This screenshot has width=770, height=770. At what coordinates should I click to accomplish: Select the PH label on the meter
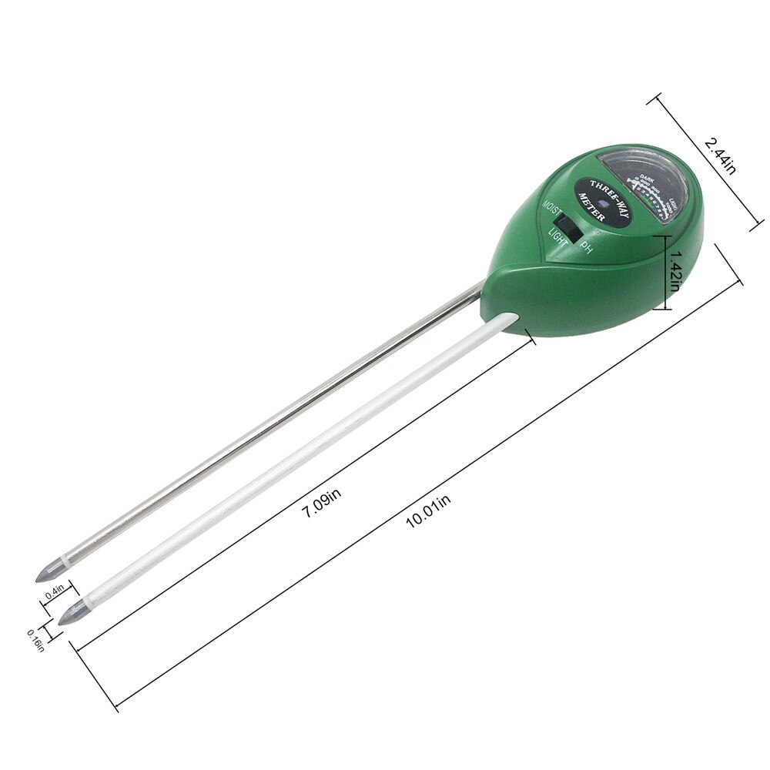[587, 247]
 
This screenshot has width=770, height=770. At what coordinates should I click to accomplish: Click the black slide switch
[571, 226]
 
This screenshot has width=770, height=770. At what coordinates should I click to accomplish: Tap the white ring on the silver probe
[68, 561]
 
